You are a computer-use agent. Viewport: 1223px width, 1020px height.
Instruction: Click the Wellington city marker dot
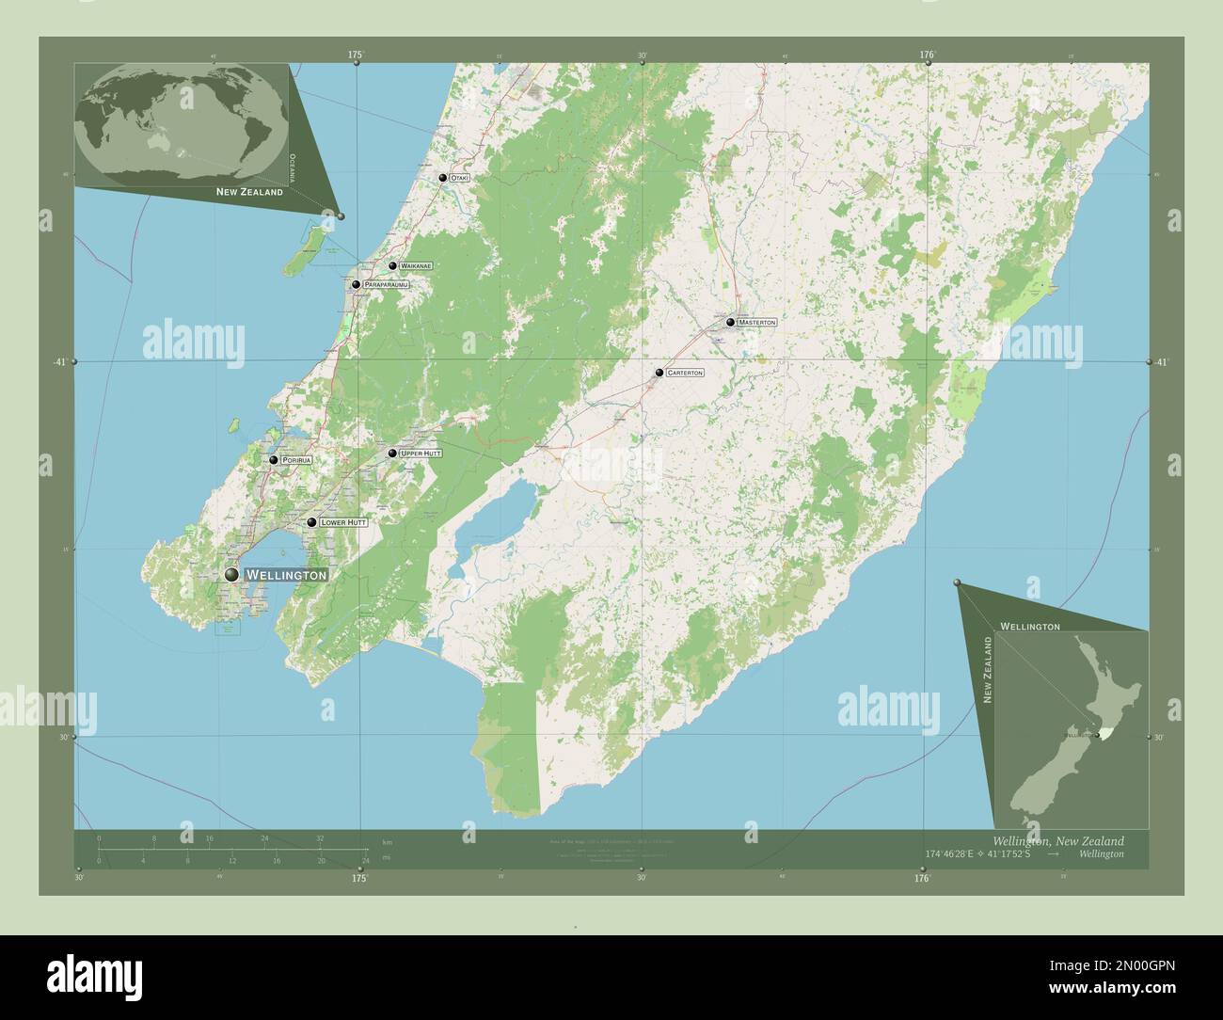point(231,574)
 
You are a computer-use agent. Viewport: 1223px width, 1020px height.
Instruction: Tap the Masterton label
point(757,323)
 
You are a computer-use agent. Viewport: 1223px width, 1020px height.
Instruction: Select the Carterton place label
point(684,374)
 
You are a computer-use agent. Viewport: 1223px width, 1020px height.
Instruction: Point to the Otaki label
point(459,178)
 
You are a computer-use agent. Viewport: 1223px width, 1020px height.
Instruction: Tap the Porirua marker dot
point(274,460)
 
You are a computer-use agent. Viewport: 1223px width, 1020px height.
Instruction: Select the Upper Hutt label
point(421,454)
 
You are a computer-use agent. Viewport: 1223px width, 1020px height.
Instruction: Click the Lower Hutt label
point(342,522)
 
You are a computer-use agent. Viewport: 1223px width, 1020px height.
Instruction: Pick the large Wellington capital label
point(286,574)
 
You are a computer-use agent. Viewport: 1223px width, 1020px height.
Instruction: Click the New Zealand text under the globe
point(249,192)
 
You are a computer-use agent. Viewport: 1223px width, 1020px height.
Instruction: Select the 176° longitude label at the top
point(927,56)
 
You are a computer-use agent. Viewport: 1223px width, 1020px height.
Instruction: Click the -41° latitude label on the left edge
point(59,362)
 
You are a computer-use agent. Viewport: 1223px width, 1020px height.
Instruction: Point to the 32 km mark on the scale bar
point(320,837)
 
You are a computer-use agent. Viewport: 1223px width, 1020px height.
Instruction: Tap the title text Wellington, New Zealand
point(1057,840)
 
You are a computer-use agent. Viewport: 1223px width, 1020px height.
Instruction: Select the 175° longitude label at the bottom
point(358,878)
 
